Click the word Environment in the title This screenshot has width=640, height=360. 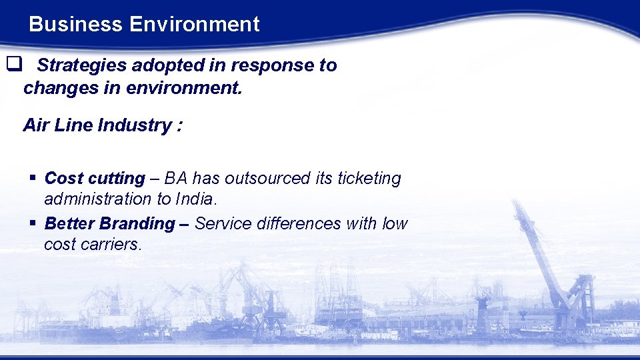(194, 25)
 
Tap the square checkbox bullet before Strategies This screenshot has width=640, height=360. (13, 65)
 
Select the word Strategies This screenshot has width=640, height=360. (83, 65)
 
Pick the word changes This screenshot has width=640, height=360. (57, 87)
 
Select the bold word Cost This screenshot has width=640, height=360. (63, 179)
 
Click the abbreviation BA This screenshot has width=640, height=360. (175, 179)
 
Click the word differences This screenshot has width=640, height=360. (295, 224)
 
